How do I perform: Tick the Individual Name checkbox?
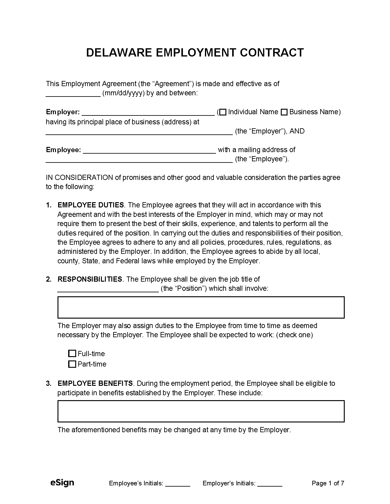tap(223, 112)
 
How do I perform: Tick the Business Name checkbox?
tap(284, 112)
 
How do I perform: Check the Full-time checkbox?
tap(72, 354)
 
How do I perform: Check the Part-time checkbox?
tap(72, 364)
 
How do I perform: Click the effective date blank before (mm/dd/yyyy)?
tap(73, 93)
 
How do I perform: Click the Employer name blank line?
tap(148, 112)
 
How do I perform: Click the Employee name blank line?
tap(149, 150)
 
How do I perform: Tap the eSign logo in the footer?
tap(62, 483)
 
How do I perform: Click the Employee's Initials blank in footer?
tap(178, 484)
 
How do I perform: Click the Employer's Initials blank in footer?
tap(269, 484)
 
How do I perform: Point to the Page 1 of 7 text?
tap(328, 483)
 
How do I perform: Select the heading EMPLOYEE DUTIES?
tap(91, 205)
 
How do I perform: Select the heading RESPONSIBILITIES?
tap(90, 279)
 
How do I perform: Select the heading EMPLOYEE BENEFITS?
tap(95, 383)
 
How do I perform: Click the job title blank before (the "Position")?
tap(108, 289)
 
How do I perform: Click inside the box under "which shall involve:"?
tap(201, 307)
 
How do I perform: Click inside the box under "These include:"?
tap(201, 411)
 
